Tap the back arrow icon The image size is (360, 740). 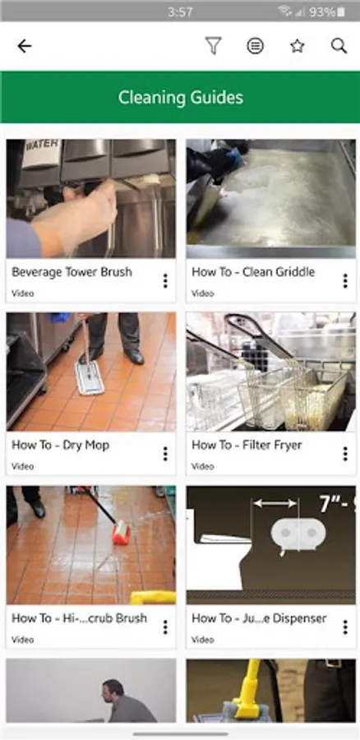pos(24,46)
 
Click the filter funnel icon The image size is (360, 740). pos(213,46)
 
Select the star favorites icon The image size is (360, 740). pos(298,46)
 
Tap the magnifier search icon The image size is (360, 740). pos(339,46)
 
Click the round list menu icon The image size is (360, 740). pos(256,46)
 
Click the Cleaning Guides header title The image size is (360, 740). pos(180,97)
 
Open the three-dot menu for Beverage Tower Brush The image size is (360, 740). pos(165,281)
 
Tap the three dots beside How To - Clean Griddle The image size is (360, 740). pos(345,281)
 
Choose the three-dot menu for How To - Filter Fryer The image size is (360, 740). pos(345,454)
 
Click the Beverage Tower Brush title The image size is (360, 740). pos(72,272)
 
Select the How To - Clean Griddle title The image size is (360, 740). pos(253,272)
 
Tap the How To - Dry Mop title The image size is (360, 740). pos(60,445)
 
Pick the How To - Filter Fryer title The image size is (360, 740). pos(247,445)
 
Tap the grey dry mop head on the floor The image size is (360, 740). pos(90,377)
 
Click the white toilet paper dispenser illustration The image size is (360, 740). pos(298,535)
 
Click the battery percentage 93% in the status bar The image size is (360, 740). pos(322,12)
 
